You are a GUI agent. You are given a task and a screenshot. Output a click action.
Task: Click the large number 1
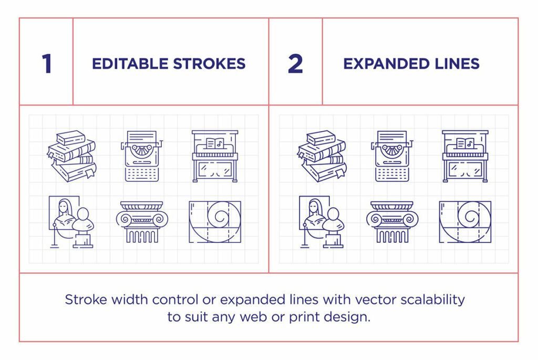pyautogui.click(x=47, y=64)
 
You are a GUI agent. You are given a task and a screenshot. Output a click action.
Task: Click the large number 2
pyautogui.click(x=295, y=64)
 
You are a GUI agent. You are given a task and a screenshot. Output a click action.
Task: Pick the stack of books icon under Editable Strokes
pyautogui.click(x=71, y=156)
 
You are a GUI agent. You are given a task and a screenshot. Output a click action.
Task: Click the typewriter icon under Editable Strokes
pyautogui.click(x=142, y=156)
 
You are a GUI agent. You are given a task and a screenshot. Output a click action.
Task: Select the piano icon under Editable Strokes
pyautogui.click(x=215, y=156)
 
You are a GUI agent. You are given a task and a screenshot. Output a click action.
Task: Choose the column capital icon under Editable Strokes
pyautogui.click(x=142, y=221)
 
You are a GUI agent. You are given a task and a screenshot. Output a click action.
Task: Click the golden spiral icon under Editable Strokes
pyautogui.click(x=215, y=221)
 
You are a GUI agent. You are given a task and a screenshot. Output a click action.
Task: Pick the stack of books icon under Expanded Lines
pyautogui.click(x=322, y=156)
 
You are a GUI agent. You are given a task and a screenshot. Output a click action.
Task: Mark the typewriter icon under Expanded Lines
pyautogui.click(x=392, y=156)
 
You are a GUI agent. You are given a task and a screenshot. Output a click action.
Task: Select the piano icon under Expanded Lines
pyautogui.click(x=465, y=156)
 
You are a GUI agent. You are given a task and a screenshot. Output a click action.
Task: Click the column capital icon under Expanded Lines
pyautogui.click(x=392, y=221)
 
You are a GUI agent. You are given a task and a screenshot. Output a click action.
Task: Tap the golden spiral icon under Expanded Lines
pyautogui.click(x=465, y=221)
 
